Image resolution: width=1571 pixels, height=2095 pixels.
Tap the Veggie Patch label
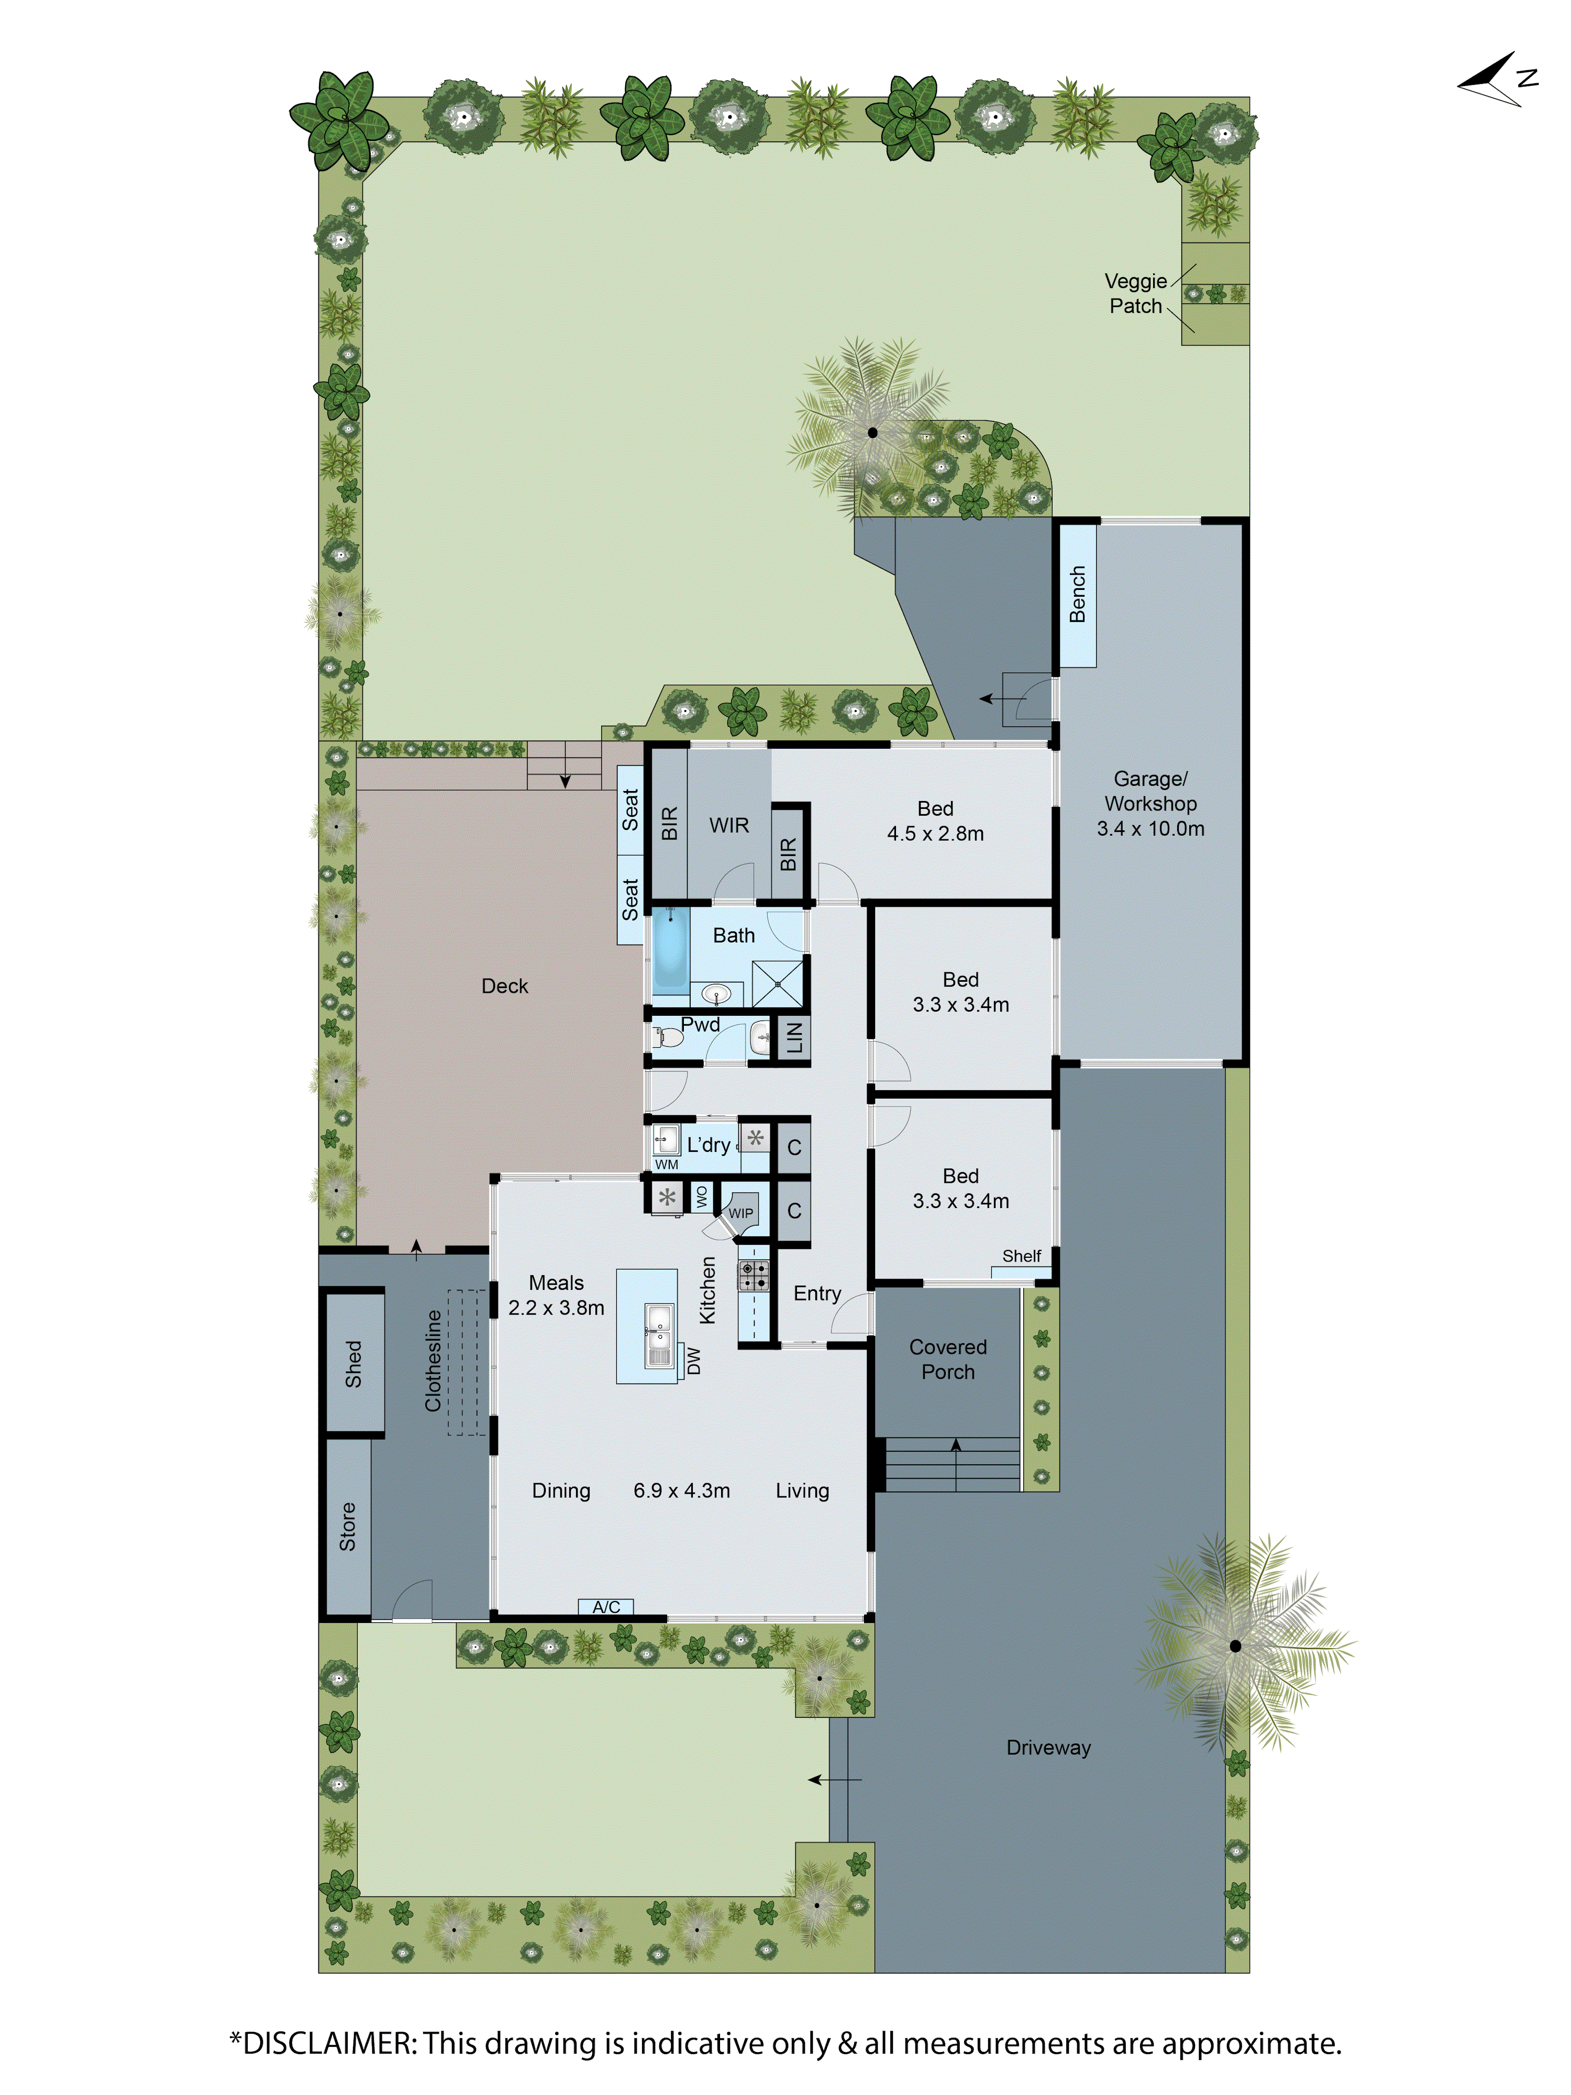[x=1135, y=293]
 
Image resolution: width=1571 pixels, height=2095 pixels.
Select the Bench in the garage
[x=1077, y=595]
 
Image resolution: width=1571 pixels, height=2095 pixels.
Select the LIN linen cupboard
[x=793, y=1038]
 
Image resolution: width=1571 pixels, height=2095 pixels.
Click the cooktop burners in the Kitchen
[x=754, y=1275]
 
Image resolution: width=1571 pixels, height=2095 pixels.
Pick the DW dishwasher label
[x=694, y=1360]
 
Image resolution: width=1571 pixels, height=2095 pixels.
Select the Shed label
[x=353, y=1364]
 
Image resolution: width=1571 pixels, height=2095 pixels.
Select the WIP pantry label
[x=740, y=1213]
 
